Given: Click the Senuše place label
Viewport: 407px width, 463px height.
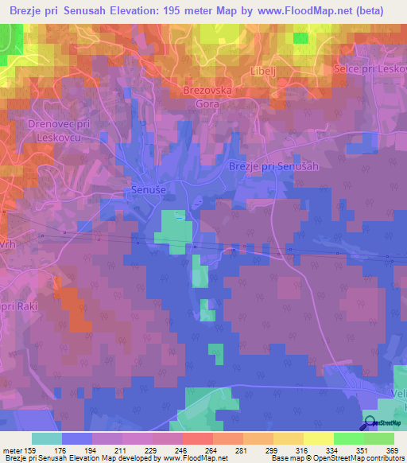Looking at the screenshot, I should (x=149, y=191).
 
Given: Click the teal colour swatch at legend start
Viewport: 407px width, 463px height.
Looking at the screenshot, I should (x=47, y=438).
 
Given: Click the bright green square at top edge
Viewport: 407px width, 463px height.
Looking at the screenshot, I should (x=300, y=37).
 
